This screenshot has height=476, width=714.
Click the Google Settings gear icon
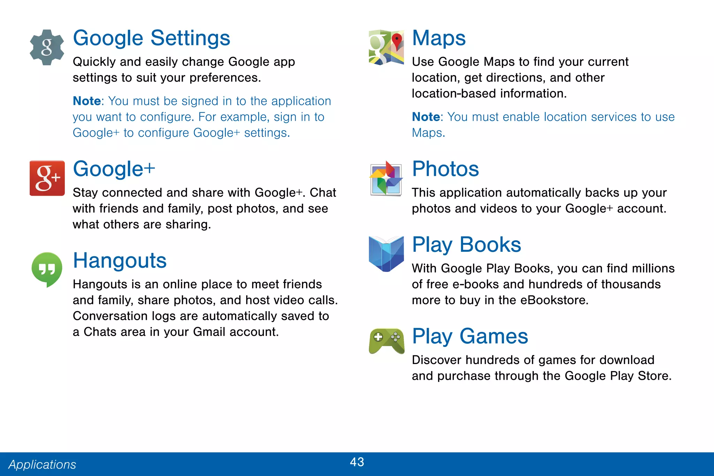[x=47, y=47]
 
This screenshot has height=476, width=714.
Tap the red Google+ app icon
[x=47, y=178]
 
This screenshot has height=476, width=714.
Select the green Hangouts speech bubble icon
[x=47, y=269]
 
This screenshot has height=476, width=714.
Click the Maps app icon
[x=386, y=47]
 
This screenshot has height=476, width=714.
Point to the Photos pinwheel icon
[x=386, y=178]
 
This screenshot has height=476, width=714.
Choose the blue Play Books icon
[x=386, y=254]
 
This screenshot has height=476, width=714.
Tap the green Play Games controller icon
[x=387, y=341]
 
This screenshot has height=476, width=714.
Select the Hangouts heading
[x=120, y=260]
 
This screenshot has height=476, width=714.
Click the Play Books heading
[x=466, y=244]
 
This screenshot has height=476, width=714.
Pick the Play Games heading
[x=470, y=336]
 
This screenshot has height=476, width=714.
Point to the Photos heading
[x=445, y=169]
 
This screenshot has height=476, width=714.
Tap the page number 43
[x=357, y=462]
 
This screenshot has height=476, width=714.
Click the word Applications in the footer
[x=42, y=464]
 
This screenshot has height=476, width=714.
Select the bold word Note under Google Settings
[x=87, y=101]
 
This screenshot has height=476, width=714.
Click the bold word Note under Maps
[x=426, y=117]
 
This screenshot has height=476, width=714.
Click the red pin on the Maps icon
[x=397, y=40]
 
